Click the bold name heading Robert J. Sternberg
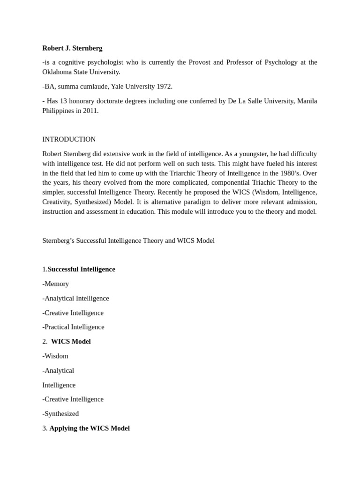[72, 48]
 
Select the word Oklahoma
[58, 72]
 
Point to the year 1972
[164, 86]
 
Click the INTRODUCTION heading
[69, 139]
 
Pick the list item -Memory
[56, 284]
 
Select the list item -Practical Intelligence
[73, 327]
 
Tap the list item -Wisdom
[55, 356]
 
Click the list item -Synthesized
[60, 413]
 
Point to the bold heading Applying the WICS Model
[90, 428]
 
